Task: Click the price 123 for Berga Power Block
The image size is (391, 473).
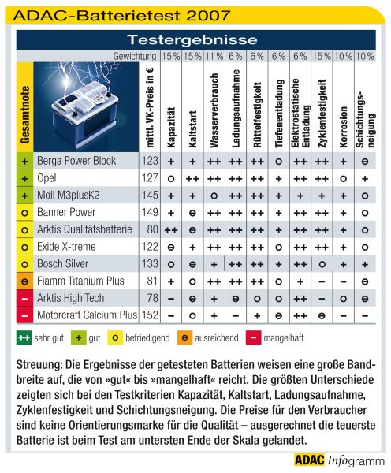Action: pyautogui.click(x=150, y=161)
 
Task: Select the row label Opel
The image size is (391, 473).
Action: pyautogui.click(x=47, y=178)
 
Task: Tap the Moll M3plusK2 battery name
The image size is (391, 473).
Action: pyautogui.click(x=68, y=196)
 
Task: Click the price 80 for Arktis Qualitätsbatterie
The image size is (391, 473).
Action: pyautogui.click(x=153, y=229)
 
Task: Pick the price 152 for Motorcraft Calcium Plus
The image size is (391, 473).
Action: pyautogui.click(x=150, y=315)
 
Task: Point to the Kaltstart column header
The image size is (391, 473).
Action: pyautogui.click(x=192, y=129)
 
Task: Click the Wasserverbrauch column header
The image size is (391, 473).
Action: pyautogui.click(x=214, y=110)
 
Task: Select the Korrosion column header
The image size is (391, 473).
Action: pyautogui.click(x=344, y=127)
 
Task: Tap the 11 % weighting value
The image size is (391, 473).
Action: pyautogui.click(x=214, y=56)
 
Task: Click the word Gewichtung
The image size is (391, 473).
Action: pyautogui.click(x=135, y=56)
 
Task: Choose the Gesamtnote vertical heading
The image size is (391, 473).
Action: pyautogui.click(x=25, y=115)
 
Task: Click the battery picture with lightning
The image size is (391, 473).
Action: pyautogui.click(x=86, y=106)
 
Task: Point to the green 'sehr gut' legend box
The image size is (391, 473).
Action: pyautogui.click(x=24, y=338)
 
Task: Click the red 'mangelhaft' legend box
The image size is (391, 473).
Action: pyautogui.click(x=253, y=338)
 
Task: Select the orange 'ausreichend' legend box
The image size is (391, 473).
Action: pyautogui.click(x=184, y=338)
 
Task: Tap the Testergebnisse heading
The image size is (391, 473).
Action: pyautogui.click(x=192, y=40)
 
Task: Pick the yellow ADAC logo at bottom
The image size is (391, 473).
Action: pyautogui.click(x=310, y=460)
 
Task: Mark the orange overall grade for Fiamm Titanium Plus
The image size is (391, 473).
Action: pyautogui.click(x=24, y=281)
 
